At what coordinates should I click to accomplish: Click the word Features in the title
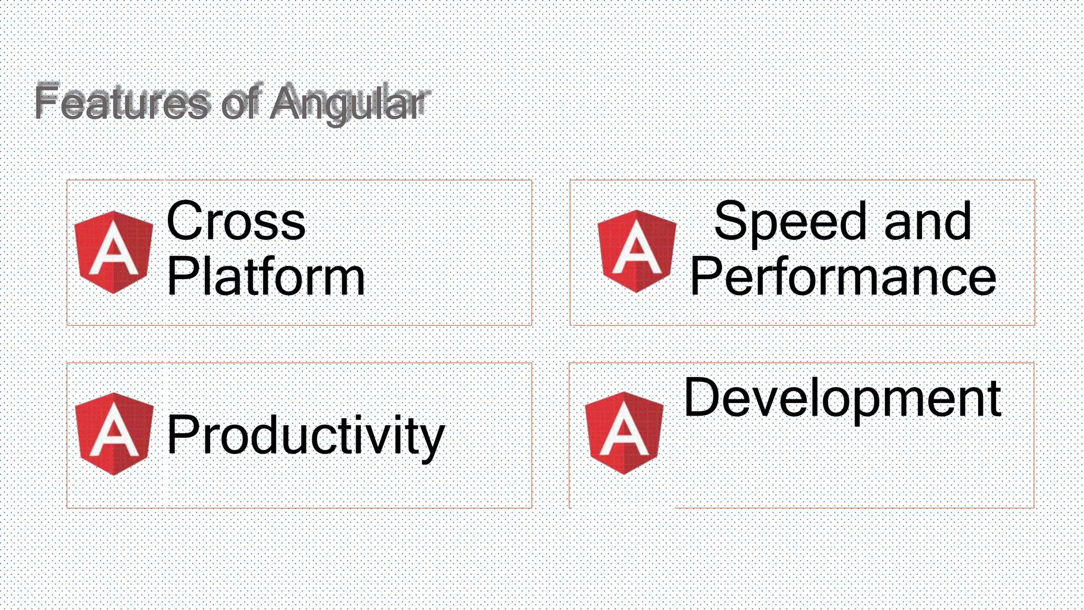tap(122, 102)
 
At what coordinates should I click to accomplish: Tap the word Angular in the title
tap(348, 103)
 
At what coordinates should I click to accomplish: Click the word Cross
tap(236, 221)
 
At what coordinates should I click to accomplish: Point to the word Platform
tap(266, 277)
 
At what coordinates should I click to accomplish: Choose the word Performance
tap(843, 277)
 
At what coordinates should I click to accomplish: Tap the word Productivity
tap(305, 435)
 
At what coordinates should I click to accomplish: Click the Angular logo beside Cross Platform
tap(114, 252)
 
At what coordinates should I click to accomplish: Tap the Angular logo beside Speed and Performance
tap(637, 251)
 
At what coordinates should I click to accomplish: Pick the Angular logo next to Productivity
tap(114, 434)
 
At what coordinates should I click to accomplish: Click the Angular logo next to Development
tap(624, 433)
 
